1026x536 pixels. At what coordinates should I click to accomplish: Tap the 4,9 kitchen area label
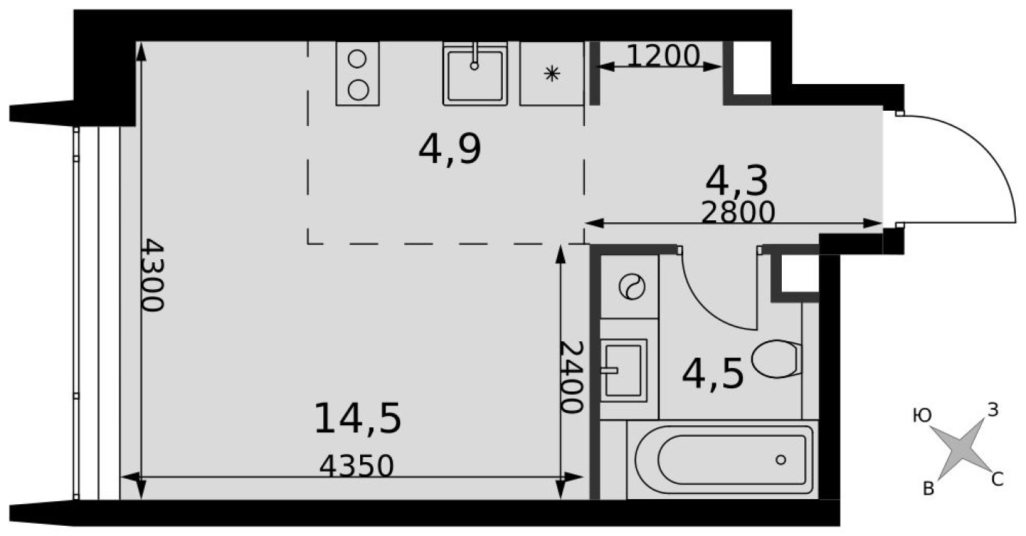click(x=450, y=151)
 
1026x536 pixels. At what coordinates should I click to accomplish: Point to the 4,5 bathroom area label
click(x=713, y=374)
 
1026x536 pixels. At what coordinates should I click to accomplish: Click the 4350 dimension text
click(x=356, y=466)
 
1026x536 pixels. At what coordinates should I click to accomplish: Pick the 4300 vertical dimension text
click(x=152, y=275)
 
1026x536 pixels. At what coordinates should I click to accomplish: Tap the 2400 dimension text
click(x=572, y=377)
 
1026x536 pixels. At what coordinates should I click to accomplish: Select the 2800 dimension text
click(x=738, y=212)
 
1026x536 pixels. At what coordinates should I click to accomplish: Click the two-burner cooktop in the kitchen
click(x=358, y=74)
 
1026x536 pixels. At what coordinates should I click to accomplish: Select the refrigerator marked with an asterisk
click(x=552, y=74)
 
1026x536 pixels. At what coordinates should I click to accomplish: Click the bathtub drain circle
click(x=780, y=459)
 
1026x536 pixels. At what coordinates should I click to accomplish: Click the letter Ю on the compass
click(x=922, y=416)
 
